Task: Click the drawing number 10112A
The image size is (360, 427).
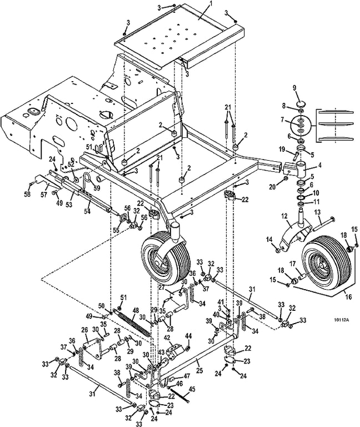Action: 343,320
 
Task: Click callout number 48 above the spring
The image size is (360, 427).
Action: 136,310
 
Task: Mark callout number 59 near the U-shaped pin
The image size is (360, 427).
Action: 96,188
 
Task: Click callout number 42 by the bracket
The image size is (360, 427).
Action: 167,337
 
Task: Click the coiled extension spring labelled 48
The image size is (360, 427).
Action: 133,324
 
